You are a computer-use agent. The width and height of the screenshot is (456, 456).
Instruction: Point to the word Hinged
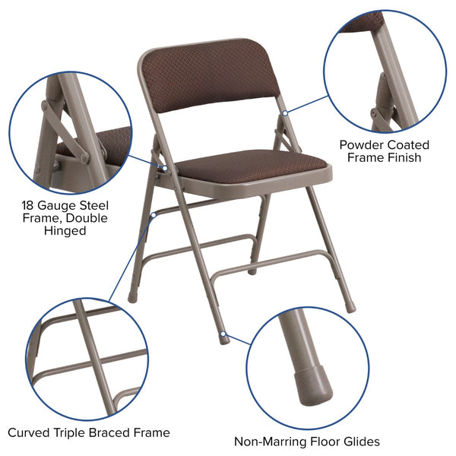coord(65,231)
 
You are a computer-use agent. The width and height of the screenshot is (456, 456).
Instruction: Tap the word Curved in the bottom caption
coord(29,432)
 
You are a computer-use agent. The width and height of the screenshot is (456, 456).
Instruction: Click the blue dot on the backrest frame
coord(285,112)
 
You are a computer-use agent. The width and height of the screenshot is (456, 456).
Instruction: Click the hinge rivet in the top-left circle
coord(84,157)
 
